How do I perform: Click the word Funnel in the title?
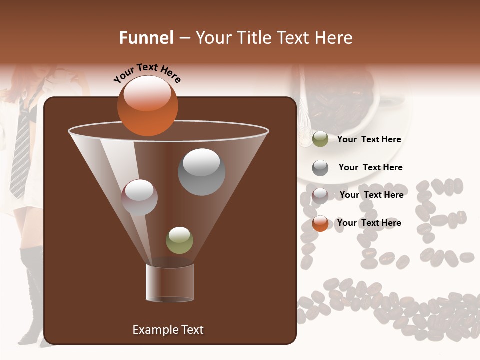[146, 38]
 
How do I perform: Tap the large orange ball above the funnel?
[148, 106]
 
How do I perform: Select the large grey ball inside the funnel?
[201, 172]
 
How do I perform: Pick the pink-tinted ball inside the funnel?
[140, 197]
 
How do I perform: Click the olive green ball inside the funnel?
[179, 240]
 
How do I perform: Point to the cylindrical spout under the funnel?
[170, 283]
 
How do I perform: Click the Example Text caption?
[168, 330]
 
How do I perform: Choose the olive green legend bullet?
[320, 139]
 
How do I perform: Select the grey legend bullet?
[320, 168]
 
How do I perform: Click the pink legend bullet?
[320, 195]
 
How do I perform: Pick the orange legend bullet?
[320, 223]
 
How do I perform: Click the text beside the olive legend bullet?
[369, 140]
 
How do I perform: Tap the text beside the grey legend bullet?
[370, 168]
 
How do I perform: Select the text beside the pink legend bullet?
[371, 195]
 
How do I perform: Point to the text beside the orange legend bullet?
[369, 223]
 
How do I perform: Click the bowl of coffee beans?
[340, 100]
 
